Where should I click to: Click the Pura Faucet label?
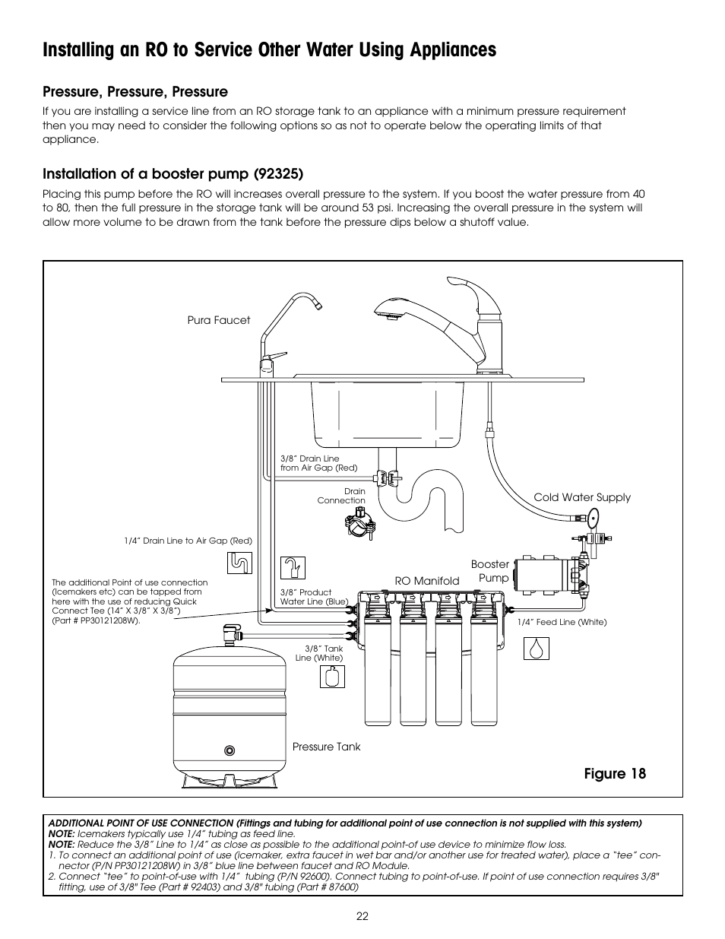(x=218, y=320)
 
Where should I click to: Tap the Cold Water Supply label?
(x=581, y=497)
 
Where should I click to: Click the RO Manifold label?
(x=426, y=581)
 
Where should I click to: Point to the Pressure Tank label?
(x=326, y=747)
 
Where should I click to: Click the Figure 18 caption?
(x=615, y=773)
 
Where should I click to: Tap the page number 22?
(x=362, y=916)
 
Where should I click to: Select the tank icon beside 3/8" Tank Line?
(x=332, y=676)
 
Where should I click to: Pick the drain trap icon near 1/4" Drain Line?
(x=240, y=563)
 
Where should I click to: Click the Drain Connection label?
(x=341, y=496)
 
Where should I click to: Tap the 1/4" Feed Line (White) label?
(x=562, y=622)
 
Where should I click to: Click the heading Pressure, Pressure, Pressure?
(x=135, y=92)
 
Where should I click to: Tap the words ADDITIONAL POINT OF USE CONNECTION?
(x=141, y=823)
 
